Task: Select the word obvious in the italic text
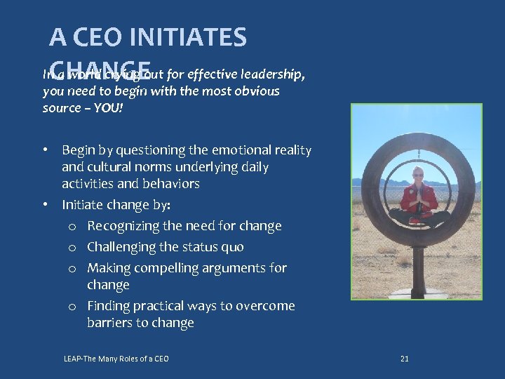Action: [257, 91]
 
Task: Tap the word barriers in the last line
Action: [111, 323]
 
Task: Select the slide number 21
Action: [404, 359]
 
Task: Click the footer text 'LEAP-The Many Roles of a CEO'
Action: [116, 359]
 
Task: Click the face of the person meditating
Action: [418, 174]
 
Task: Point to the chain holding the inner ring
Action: [417, 154]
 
